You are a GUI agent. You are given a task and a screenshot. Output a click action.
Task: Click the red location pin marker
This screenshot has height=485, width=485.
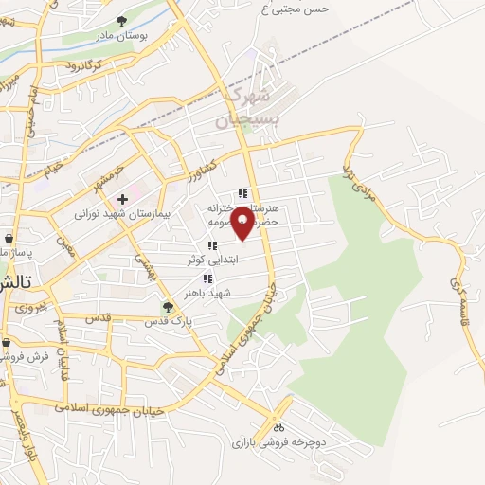(242, 222)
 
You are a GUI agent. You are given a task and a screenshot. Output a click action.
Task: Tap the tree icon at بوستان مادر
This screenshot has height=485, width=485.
(121, 20)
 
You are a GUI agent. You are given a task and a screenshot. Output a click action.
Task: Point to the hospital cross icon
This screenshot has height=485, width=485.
(122, 199)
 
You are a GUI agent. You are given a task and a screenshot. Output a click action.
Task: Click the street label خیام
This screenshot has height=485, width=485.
(51, 168)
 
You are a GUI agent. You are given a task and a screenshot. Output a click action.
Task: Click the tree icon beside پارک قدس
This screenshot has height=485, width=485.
(168, 306)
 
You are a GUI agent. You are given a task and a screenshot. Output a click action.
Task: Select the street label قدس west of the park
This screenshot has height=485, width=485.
(99, 317)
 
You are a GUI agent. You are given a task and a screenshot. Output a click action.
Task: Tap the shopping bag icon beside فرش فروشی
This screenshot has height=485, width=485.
(6, 343)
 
